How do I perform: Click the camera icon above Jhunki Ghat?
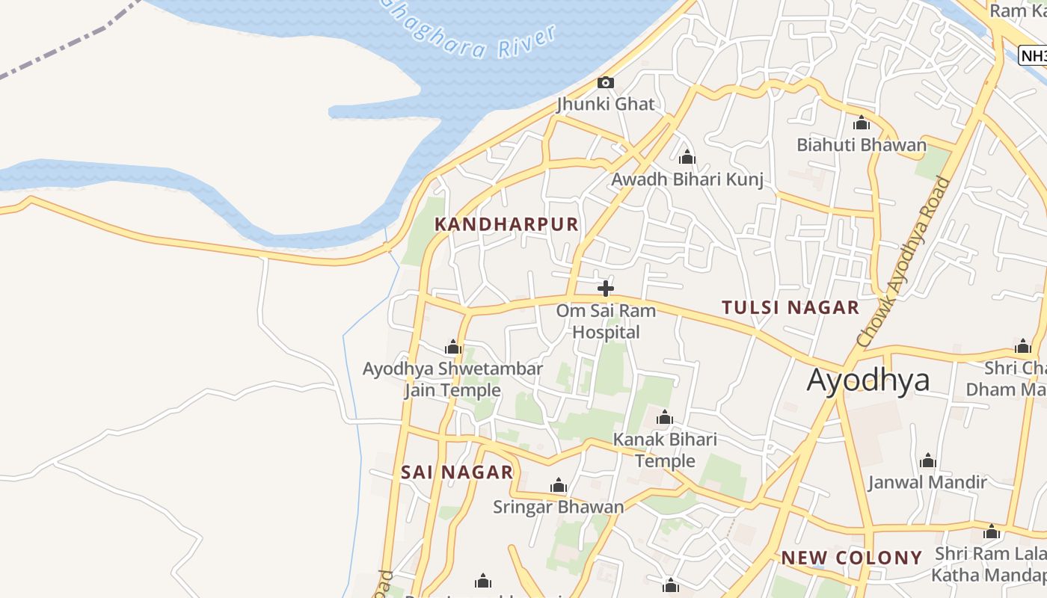point(606,82)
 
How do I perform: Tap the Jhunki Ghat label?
point(606,104)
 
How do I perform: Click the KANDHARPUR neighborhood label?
point(506,224)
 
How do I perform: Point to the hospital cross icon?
point(606,288)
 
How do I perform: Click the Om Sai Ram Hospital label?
point(606,321)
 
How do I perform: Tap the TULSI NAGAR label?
point(790,307)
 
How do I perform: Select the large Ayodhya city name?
point(868,380)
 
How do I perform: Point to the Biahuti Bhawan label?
point(862,145)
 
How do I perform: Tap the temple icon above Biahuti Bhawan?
point(862,123)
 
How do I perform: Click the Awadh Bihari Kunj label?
point(687,179)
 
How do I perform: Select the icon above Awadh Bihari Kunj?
point(687,158)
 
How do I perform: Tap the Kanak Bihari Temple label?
point(665,450)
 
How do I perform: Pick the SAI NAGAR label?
point(457,472)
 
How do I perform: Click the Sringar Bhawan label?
point(558,507)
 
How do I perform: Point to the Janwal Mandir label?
point(927,482)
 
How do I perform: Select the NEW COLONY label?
point(851,558)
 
